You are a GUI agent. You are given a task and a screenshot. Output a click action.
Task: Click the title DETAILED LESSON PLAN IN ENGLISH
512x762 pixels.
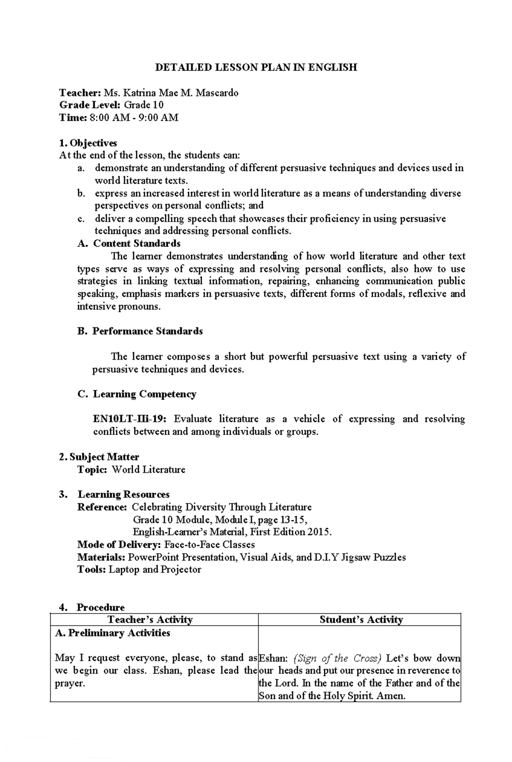click(x=256, y=67)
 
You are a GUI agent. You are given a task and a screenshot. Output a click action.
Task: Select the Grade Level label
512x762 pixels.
click(x=90, y=105)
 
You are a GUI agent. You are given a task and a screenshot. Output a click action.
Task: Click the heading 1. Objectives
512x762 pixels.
click(x=88, y=143)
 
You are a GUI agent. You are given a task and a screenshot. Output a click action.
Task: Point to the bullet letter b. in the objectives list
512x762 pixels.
click(x=81, y=193)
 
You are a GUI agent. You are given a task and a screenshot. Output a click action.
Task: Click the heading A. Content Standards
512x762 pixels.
click(x=129, y=244)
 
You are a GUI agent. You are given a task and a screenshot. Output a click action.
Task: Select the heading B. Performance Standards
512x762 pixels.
click(x=140, y=331)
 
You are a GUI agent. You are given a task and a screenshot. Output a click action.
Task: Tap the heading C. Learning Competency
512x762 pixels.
click(x=137, y=394)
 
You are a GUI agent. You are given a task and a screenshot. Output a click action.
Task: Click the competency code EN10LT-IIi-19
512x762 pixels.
click(x=130, y=419)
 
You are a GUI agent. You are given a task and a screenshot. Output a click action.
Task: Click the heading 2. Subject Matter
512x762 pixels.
click(x=99, y=457)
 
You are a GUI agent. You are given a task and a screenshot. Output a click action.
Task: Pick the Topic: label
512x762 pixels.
click(x=92, y=470)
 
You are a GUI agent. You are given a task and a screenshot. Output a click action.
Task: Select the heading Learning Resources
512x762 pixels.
click(x=123, y=494)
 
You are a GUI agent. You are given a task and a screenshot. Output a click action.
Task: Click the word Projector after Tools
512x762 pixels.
click(x=180, y=570)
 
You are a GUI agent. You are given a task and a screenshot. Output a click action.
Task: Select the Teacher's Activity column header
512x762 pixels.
click(x=150, y=620)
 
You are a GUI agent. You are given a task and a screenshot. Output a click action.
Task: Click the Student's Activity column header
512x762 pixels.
click(x=361, y=620)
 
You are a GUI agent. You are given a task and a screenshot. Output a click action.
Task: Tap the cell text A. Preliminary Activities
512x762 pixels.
click(x=113, y=633)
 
